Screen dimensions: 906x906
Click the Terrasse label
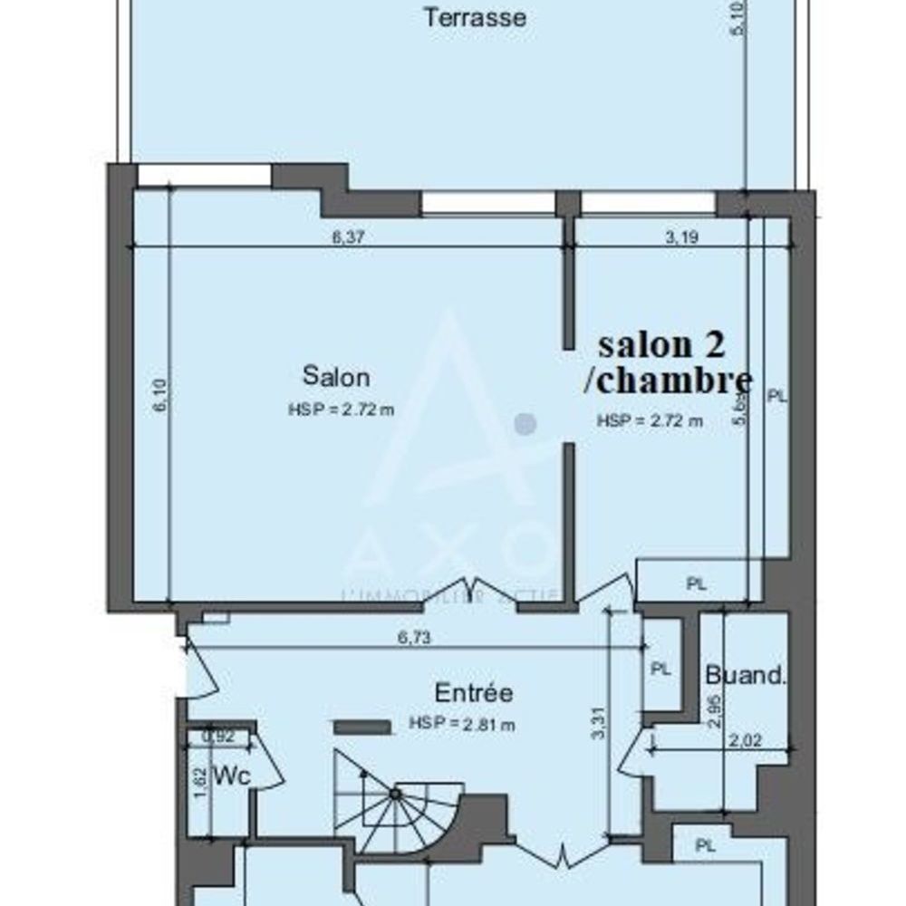pyautogui.click(x=476, y=17)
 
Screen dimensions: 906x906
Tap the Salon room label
pyautogui.click(x=336, y=375)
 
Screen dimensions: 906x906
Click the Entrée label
pyautogui.click(x=474, y=694)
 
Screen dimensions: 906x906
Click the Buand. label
pyautogui.click(x=745, y=675)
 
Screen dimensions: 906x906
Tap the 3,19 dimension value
pyautogui.click(x=682, y=238)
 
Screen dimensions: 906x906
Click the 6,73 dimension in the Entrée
pyautogui.click(x=413, y=638)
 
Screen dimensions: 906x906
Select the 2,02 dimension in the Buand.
pyautogui.click(x=744, y=740)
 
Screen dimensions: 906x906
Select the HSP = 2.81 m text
pyautogui.click(x=462, y=724)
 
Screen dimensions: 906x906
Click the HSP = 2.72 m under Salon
pyautogui.click(x=342, y=410)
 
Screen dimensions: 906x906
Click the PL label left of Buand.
pyautogui.click(x=661, y=670)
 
